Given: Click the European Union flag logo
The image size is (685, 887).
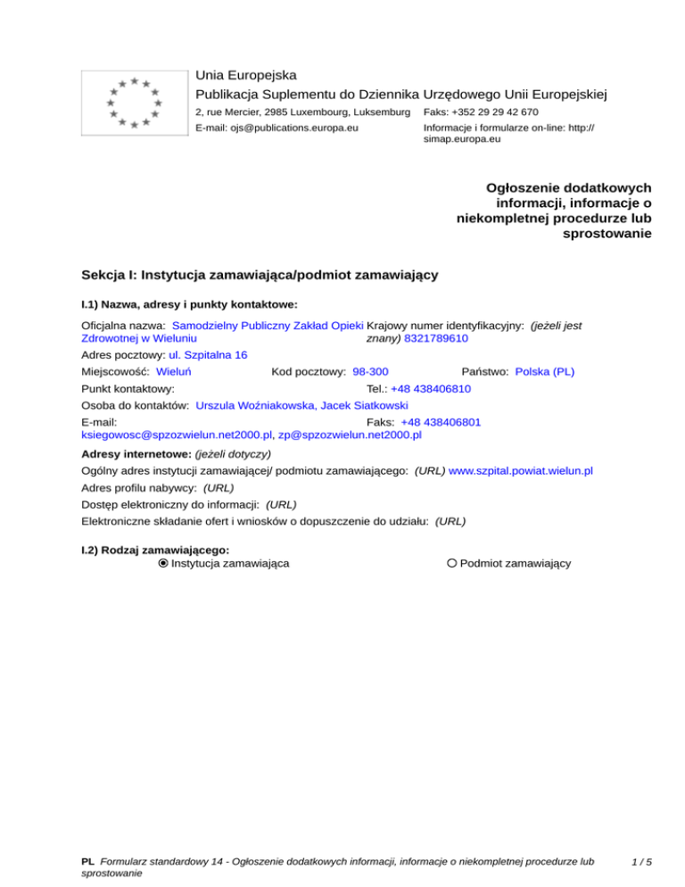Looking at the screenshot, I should (x=133, y=103).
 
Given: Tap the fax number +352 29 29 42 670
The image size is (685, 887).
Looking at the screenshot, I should (x=481, y=112).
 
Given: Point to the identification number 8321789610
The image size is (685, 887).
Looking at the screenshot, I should (x=436, y=339).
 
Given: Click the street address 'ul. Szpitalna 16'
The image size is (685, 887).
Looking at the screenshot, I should (x=196, y=354).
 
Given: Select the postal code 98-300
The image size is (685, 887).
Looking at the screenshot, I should (x=369, y=370).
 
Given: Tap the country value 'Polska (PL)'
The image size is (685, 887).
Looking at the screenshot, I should (x=545, y=370).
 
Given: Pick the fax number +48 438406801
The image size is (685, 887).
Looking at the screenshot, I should (x=442, y=421).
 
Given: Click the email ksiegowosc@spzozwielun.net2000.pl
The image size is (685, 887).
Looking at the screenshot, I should (x=176, y=436).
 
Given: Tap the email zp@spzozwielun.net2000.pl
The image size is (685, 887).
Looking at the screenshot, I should (x=350, y=436).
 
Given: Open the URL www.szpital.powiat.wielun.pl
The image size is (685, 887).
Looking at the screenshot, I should (x=522, y=469).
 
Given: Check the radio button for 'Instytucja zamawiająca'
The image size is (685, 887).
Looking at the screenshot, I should (x=162, y=563).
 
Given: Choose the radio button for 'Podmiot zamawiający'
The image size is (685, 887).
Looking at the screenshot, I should (x=452, y=563).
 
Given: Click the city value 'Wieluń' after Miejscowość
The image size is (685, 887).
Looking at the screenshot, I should (x=177, y=370).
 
